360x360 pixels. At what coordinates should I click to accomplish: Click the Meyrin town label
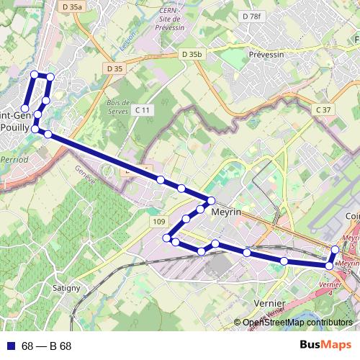pyautogui.click(x=226, y=212)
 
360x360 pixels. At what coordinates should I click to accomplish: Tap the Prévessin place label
pyautogui.click(x=266, y=54)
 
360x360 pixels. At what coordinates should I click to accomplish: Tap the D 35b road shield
pyautogui.click(x=193, y=54)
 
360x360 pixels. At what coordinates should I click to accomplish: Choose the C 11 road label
pyautogui.click(x=142, y=109)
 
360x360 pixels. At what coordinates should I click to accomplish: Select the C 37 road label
pyautogui.click(x=323, y=109)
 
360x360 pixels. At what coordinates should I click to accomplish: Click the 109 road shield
pyautogui.click(x=159, y=222)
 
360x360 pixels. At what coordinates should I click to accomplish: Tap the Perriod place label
pyautogui.click(x=14, y=158)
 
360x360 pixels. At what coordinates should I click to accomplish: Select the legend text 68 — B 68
pyautogui.click(x=47, y=346)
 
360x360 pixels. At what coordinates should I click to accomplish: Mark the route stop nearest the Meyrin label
pyautogui.click(x=212, y=200)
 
